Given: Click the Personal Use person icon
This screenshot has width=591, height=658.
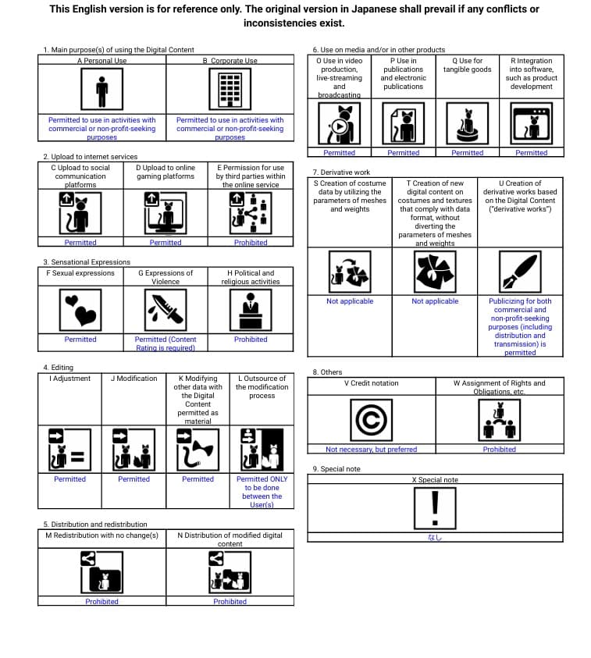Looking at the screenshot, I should (101, 89).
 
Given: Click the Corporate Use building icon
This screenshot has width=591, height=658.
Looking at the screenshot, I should (230, 89).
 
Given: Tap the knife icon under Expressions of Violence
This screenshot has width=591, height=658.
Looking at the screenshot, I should (166, 310).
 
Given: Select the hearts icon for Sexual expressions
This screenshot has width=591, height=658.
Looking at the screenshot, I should (80, 310).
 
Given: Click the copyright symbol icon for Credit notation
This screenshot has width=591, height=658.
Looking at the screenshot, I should (370, 419).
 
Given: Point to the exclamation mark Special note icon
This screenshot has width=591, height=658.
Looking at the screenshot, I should (435, 507).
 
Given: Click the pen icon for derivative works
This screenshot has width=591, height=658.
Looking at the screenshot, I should (519, 272).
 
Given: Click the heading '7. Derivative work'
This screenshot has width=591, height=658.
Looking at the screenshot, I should (341, 173).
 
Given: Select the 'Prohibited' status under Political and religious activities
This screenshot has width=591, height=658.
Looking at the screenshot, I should (251, 340).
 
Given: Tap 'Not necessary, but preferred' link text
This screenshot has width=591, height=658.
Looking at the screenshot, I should (371, 450).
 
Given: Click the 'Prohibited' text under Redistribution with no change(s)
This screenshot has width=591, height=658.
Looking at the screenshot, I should (101, 602).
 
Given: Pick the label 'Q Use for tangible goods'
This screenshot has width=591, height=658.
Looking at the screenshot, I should (467, 65).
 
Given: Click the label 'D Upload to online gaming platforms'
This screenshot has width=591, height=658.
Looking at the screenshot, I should (166, 172).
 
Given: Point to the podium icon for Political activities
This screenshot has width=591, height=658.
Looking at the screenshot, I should (251, 310).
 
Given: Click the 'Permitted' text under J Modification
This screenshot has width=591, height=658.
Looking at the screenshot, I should (134, 479).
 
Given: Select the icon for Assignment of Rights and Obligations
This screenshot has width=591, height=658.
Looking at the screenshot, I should (499, 419).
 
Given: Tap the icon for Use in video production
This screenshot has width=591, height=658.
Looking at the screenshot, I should (339, 123).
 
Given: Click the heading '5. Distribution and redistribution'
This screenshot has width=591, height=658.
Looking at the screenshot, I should (94, 525).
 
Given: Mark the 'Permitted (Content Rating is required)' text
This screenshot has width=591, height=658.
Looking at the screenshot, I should (166, 343).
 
